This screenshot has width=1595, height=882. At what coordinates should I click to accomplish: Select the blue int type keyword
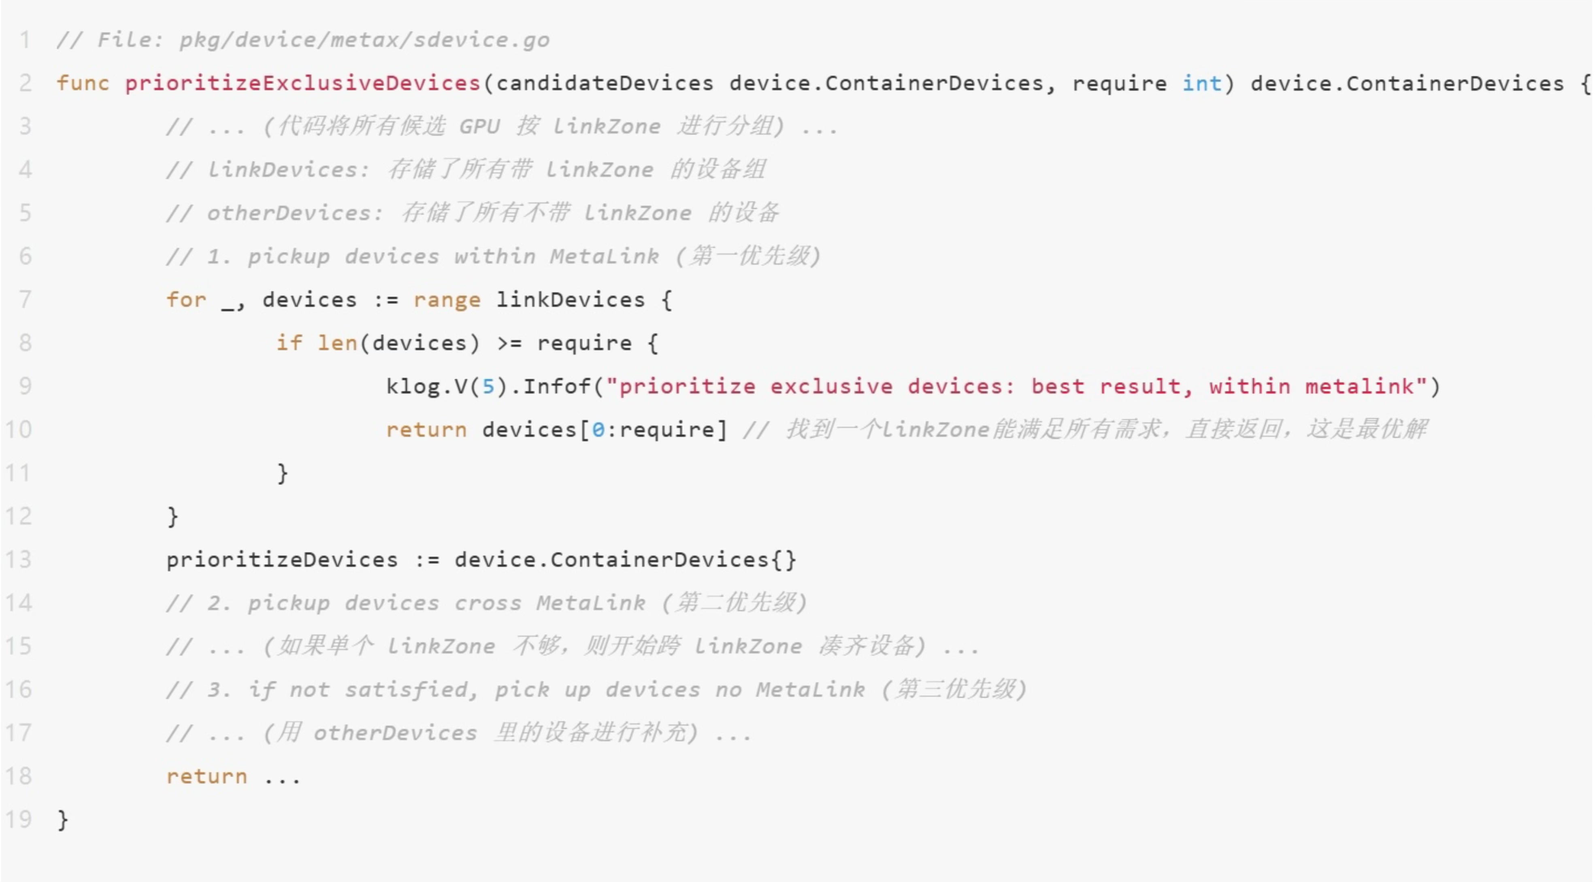coord(1202,83)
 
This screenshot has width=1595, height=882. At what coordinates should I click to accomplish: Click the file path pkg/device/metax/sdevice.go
coord(364,40)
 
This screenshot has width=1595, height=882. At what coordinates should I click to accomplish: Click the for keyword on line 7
coord(186,299)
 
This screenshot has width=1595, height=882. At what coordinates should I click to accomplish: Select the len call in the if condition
coord(337,343)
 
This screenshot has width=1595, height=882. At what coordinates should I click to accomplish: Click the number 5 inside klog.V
coord(488,386)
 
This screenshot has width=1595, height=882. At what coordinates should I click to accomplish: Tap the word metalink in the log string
coord(1360,386)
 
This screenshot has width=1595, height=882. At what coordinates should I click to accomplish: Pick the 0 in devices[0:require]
coord(598,430)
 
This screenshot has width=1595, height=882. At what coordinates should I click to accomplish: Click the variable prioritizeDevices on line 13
coord(282,560)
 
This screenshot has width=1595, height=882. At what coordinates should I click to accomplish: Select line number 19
coord(19,820)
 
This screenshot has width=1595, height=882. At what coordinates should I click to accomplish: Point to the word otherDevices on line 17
coord(395,733)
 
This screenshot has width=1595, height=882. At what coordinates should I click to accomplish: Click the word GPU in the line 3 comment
coord(479,126)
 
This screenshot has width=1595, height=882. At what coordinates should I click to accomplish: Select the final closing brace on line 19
coord(62,820)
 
